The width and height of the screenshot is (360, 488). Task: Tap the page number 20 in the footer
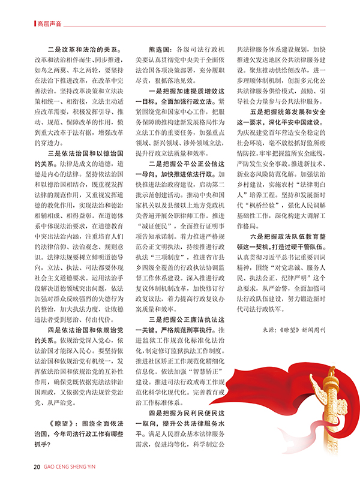point(37,467)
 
